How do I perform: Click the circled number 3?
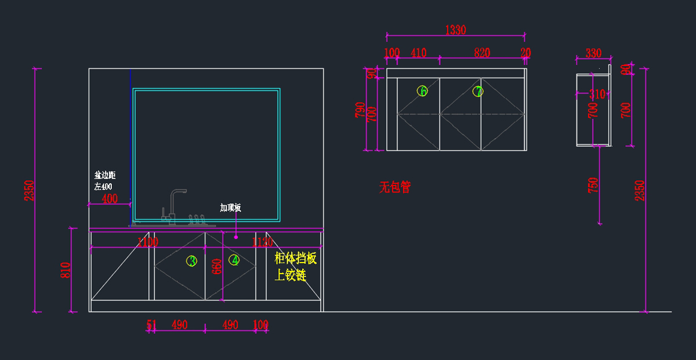[192, 261]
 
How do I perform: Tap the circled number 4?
[234, 260]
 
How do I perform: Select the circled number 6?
[422, 91]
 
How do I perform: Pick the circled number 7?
[478, 91]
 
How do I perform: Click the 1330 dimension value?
[455, 30]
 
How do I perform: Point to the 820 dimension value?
[481, 53]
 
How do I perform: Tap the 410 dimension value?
[418, 53]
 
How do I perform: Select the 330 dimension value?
[593, 53]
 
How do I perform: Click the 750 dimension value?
[593, 185]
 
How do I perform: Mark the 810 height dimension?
[65, 270]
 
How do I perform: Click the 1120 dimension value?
[263, 242]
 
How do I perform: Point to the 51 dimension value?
[151, 325]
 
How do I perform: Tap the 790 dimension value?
[360, 110]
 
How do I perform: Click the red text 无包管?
[395, 187]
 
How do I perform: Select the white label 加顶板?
[230, 208]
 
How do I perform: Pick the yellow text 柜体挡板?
[295, 259]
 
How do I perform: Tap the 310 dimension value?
[597, 94]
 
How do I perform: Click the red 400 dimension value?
[109, 199]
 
